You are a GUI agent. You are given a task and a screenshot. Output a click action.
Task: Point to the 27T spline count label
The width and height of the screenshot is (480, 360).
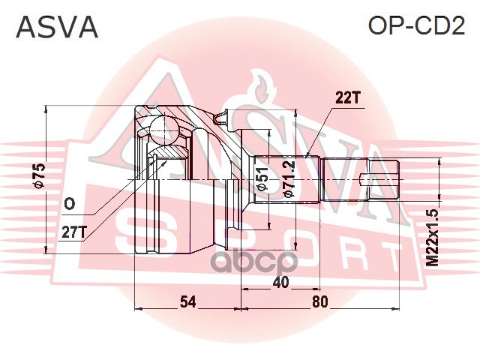coord(73,232)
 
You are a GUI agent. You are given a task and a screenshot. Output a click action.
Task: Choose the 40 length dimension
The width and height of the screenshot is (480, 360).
coord(281,283)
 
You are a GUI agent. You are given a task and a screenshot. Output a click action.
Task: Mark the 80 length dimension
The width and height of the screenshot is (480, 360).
coord(320,302)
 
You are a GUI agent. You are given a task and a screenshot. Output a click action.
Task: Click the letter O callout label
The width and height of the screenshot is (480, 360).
coord(69,203)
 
